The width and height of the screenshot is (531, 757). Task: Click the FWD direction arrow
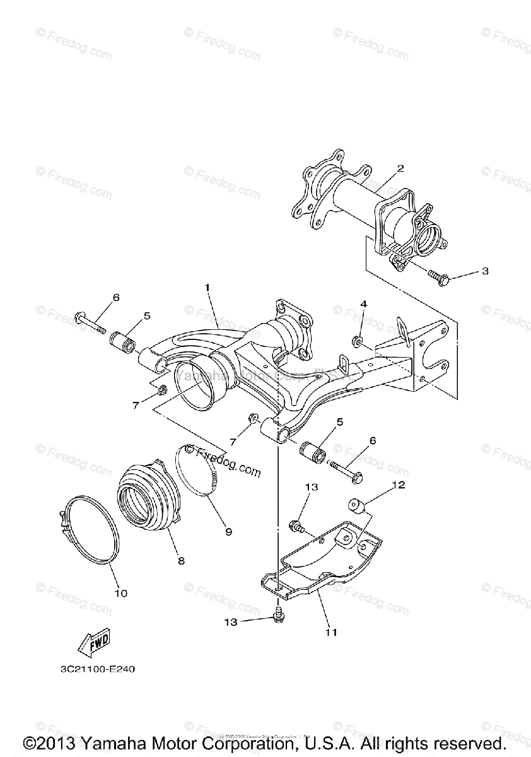(93, 642)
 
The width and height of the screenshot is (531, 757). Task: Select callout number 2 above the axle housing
(400, 169)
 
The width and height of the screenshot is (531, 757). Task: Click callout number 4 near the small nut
(363, 304)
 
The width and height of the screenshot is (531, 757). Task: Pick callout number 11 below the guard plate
(331, 631)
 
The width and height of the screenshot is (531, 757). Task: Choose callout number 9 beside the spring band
(228, 532)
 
